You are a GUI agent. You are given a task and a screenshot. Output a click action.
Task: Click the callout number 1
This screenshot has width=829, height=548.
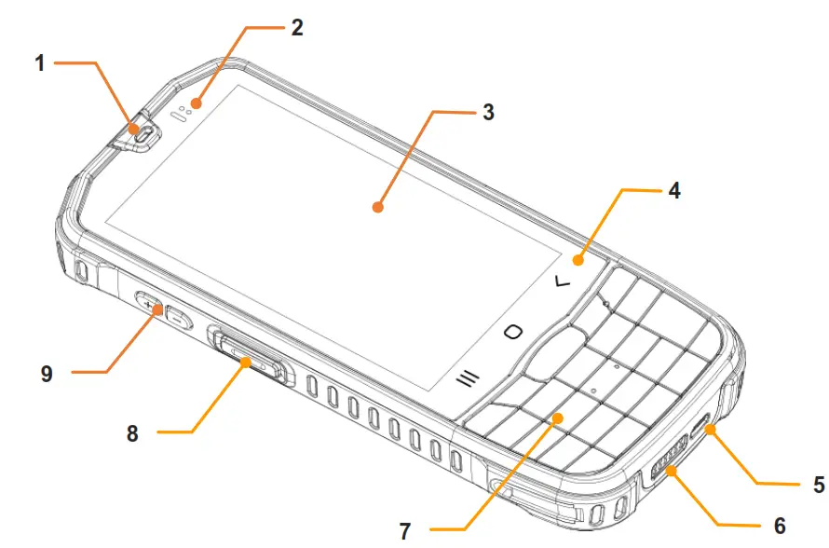coord(40,63)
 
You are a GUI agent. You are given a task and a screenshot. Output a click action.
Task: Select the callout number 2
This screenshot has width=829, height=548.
coord(296,27)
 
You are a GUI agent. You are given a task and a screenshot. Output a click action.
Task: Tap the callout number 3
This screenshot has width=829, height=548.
coord(488,114)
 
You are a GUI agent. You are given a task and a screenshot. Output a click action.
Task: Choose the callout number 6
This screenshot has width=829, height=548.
coord(779,525)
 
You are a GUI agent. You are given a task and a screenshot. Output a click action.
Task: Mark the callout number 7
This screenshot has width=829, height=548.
coord(404,532)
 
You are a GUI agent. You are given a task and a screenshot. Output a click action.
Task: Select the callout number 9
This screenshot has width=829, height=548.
coord(47,373)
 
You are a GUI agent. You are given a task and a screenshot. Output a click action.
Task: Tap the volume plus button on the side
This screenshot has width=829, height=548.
coord(149,303)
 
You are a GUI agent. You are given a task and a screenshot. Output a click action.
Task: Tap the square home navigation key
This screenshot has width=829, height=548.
coord(513,332)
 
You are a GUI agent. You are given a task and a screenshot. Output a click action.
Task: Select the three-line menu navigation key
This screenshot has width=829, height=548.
coord(467,377)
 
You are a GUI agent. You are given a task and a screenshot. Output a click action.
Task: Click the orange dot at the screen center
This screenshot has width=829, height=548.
coord(378,207)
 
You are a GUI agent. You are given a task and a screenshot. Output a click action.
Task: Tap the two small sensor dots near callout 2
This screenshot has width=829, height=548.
coord(185,109)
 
